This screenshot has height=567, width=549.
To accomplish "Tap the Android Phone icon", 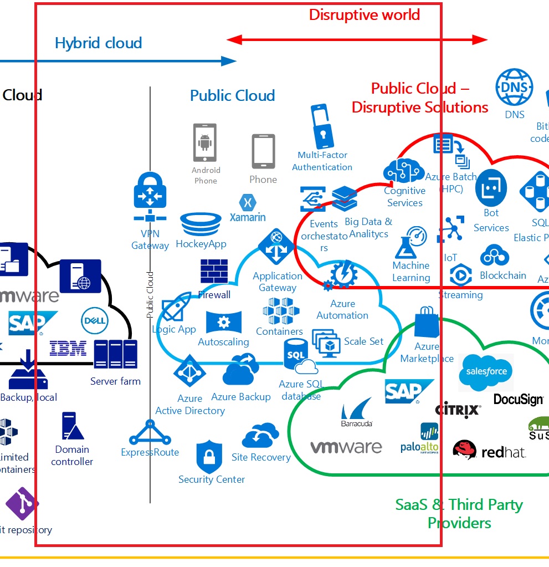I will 204,142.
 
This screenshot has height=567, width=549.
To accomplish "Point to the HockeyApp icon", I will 200,224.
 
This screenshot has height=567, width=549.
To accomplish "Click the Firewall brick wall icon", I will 214,272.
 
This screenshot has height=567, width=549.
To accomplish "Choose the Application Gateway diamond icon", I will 275,247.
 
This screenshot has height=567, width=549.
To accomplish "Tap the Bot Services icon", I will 491,188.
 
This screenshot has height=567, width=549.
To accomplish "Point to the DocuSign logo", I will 518,399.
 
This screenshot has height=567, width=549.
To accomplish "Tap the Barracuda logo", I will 357,412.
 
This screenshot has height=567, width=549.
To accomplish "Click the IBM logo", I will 68,349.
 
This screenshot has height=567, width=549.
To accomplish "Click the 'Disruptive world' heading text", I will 364,14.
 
